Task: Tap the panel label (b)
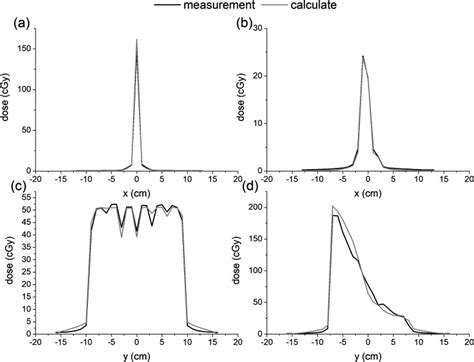tap(254, 24)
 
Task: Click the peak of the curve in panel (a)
tap(136, 40)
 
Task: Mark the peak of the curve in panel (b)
tap(363, 56)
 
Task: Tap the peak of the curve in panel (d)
tap(333, 207)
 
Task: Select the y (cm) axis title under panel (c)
tap(136, 354)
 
